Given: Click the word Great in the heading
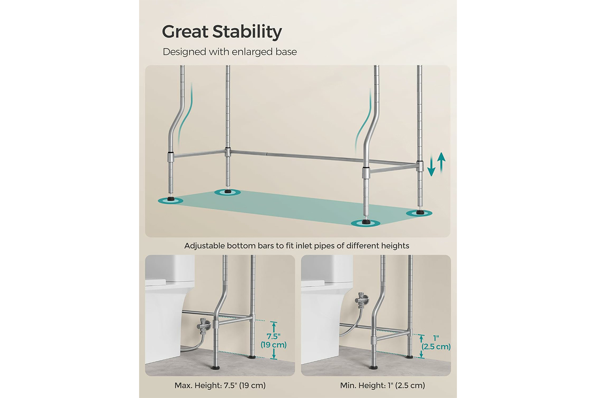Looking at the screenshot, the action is pyautogui.click(x=185, y=32).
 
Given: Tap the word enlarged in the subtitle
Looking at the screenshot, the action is pyautogui.click(x=250, y=52).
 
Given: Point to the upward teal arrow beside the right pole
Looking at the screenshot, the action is pyautogui.click(x=441, y=162).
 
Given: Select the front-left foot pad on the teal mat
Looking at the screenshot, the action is pyautogui.click(x=170, y=200).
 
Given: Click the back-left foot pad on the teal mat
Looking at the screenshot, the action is pyautogui.click(x=228, y=192).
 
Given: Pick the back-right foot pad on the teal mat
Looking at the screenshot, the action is pyautogui.click(x=419, y=213).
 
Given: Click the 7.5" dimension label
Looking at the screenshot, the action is pyautogui.click(x=273, y=336).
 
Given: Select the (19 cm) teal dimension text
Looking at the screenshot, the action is pyautogui.click(x=273, y=345).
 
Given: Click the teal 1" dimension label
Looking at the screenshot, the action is pyautogui.click(x=436, y=338).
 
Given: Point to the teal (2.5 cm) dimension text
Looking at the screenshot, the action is pyautogui.click(x=436, y=347).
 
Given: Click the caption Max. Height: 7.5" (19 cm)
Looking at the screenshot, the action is pyautogui.click(x=220, y=386).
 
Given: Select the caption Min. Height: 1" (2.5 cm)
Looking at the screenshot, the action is pyautogui.click(x=382, y=386).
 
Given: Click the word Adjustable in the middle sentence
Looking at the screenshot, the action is pyautogui.click(x=205, y=246).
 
